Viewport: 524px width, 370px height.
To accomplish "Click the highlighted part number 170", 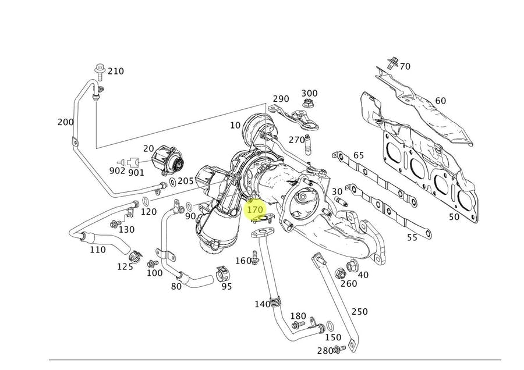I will (256, 208).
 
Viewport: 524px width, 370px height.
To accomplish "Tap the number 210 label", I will (115, 71).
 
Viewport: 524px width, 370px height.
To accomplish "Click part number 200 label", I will (66, 122).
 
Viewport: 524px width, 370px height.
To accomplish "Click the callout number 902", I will (117, 170).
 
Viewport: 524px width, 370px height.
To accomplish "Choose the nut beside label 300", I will (306, 105).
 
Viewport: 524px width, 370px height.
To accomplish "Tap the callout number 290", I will (281, 99).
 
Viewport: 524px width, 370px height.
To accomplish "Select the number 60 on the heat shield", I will (441, 101).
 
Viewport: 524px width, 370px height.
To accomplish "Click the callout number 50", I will (454, 217).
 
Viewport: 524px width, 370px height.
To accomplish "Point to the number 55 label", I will (412, 237).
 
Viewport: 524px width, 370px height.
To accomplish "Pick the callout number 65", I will (359, 155).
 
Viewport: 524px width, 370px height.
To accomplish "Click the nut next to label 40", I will (352, 266).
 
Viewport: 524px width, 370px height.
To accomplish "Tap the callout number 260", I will (348, 283).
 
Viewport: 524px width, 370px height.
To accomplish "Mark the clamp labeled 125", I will (134, 254).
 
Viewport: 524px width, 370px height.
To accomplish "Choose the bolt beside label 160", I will (254, 260).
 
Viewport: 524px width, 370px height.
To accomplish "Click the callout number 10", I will (235, 125).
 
